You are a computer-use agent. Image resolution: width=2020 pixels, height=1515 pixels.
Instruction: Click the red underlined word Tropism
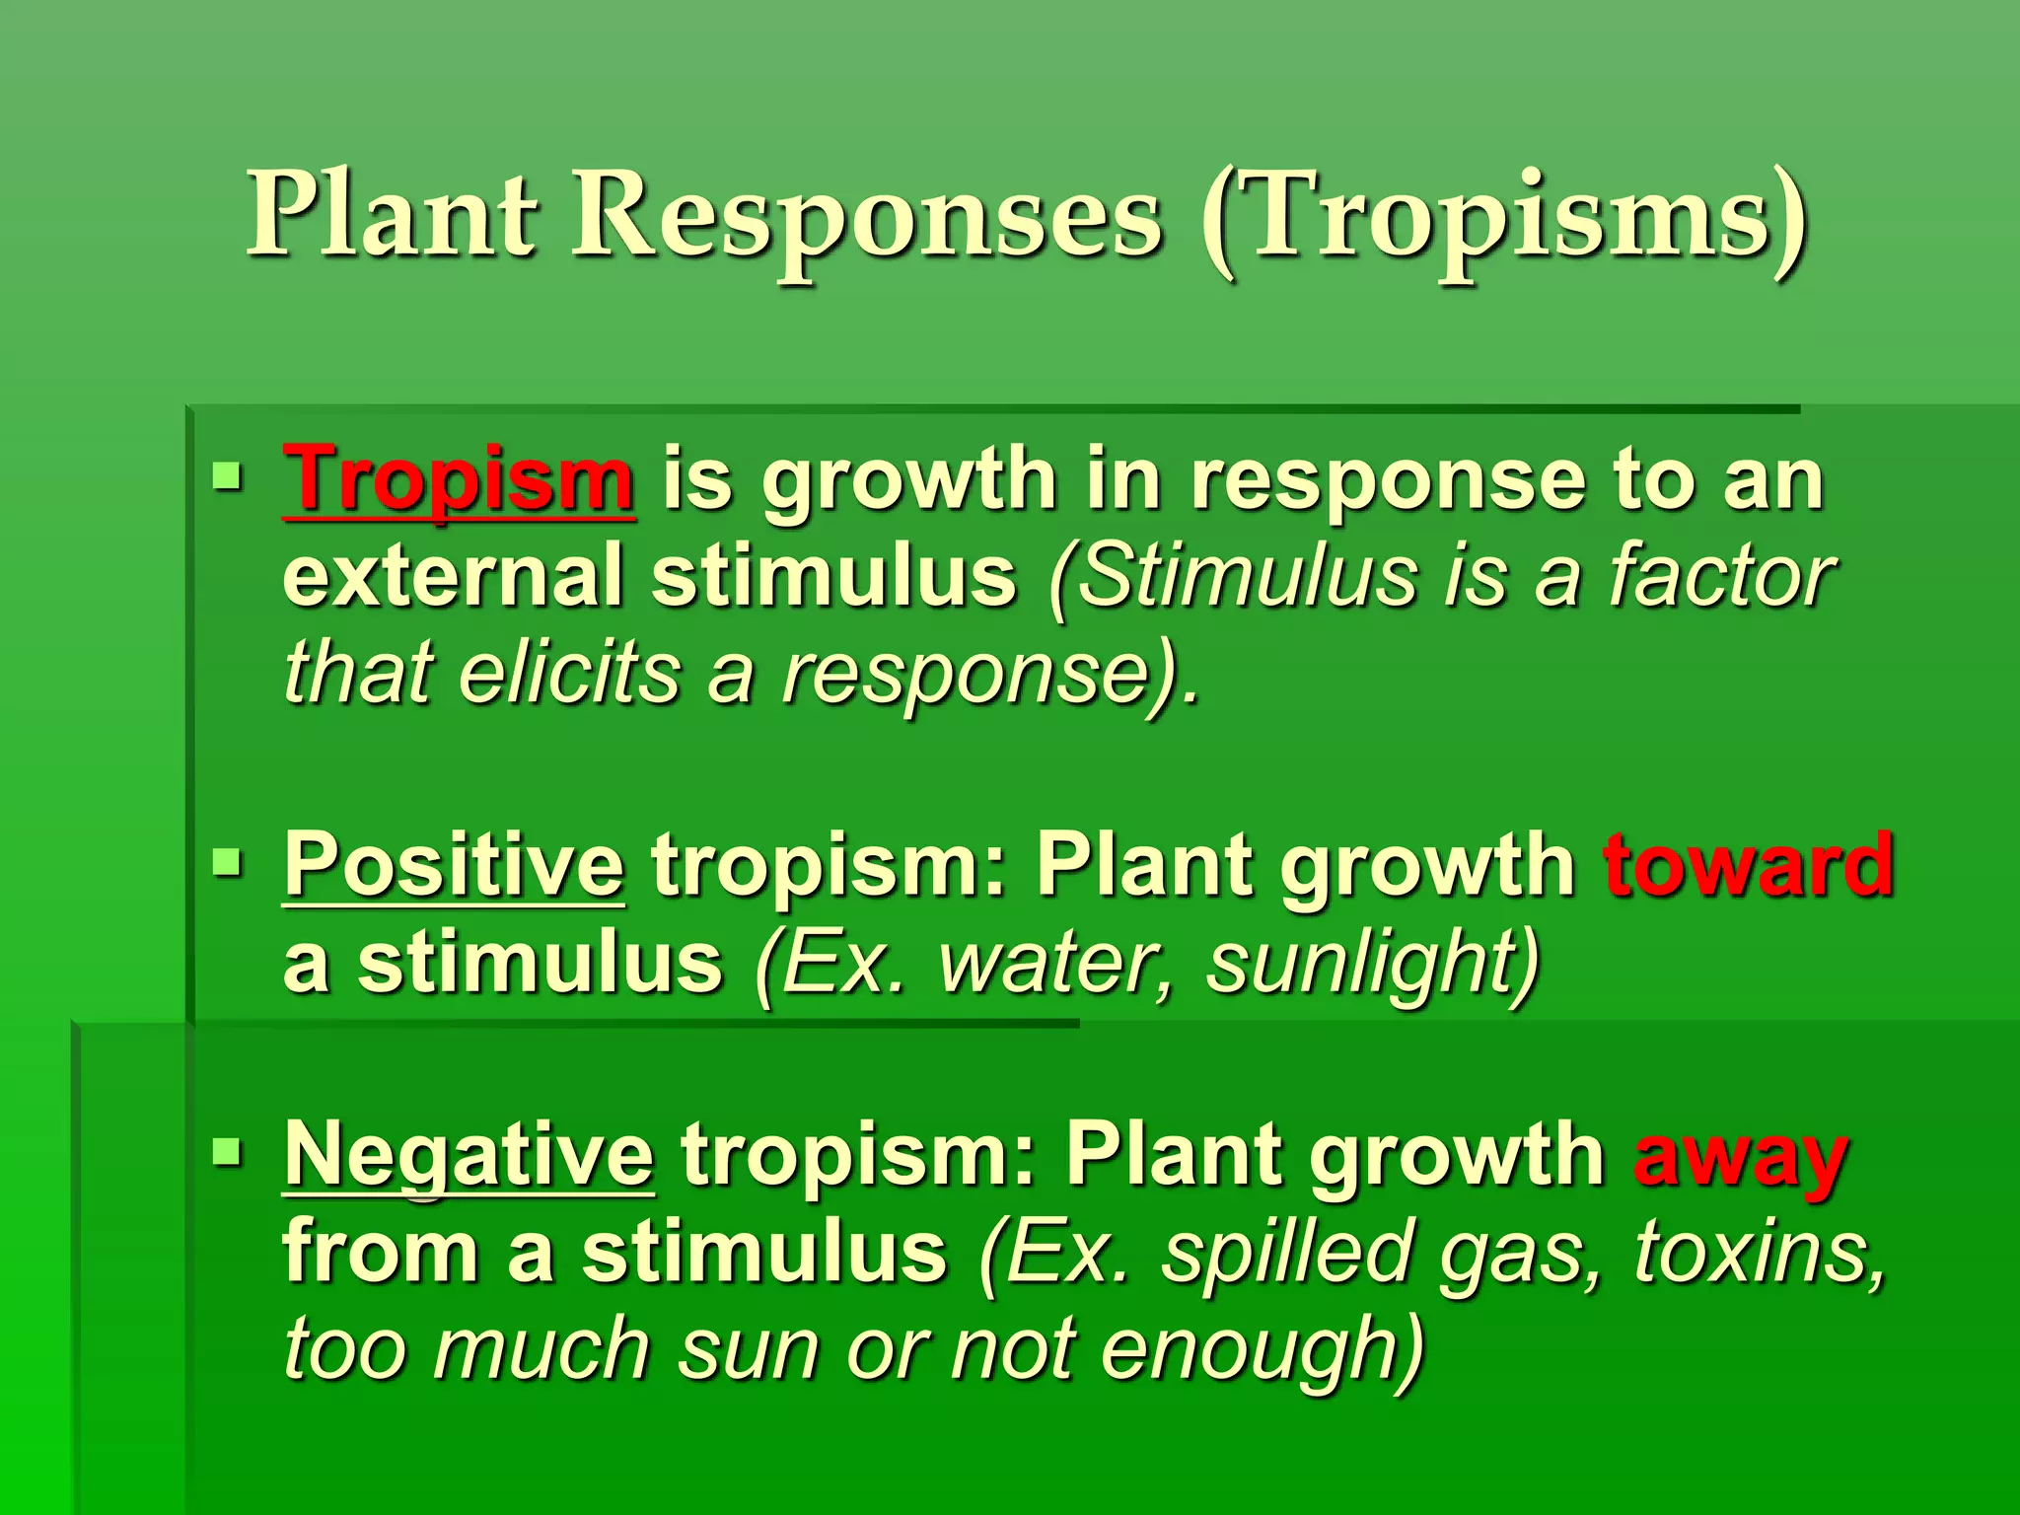click(x=458, y=479)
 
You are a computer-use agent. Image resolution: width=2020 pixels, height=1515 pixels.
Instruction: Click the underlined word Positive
click(x=454, y=865)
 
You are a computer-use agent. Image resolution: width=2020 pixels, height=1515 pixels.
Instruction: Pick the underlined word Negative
click(x=469, y=1156)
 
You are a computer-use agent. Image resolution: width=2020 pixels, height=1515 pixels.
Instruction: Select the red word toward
click(x=1749, y=865)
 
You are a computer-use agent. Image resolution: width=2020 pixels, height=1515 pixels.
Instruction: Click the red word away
click(x=1741, y=1158)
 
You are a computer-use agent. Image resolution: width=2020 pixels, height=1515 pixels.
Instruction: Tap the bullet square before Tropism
click(x=227, y=478)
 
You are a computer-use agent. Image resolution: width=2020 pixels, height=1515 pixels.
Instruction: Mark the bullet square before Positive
click(x=227, y=864)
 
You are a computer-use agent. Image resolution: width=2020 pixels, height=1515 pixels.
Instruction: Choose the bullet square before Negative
click(x=227, y=1151)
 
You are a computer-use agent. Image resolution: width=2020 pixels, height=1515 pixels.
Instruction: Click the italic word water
click(x=1055, y=964)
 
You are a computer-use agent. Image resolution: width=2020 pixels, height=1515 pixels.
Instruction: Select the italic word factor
click(x=1721, y=577)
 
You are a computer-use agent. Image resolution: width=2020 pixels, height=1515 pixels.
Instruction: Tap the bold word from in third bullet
click(x=381, y=1253)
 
